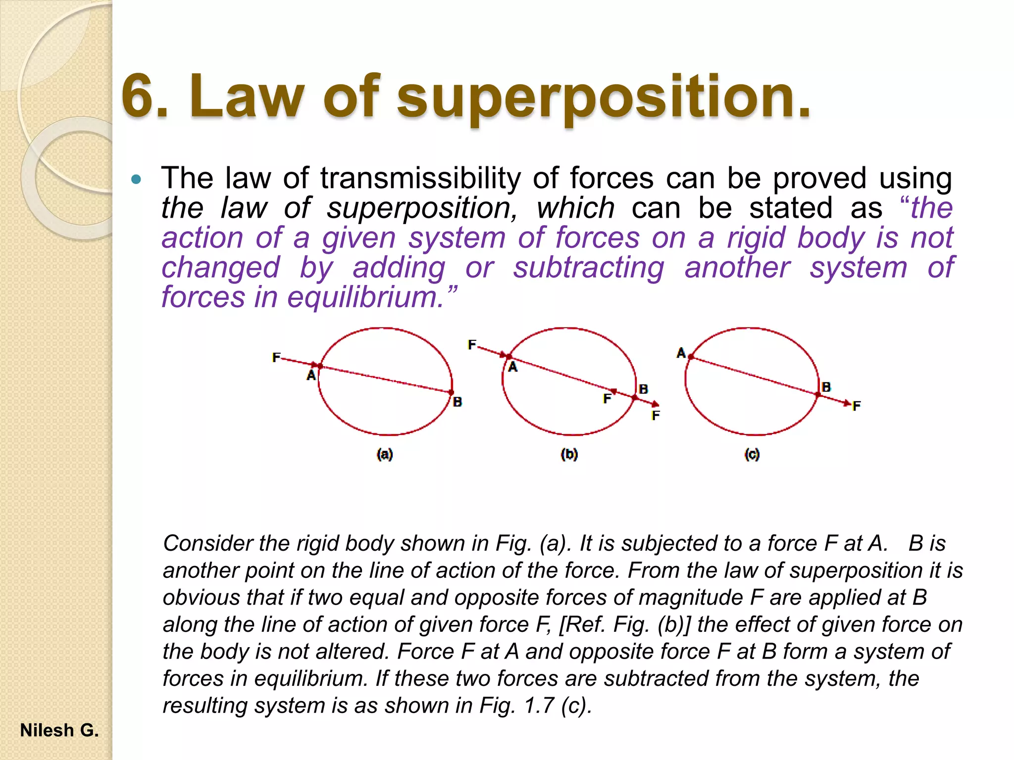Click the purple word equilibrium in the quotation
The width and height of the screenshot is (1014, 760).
tap(365, 297)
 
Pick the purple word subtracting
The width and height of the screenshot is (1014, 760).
tap(588, 268)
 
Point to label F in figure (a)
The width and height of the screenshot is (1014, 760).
tap(276, 357)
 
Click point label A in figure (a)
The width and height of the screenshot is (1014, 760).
tap(311, 376)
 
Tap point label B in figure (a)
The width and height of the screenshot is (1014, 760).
tap(457, 402)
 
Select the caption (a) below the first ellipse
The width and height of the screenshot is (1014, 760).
tap(385, 454)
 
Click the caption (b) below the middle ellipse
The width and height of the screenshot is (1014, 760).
tap(569, 454)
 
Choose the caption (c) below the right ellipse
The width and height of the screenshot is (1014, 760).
tap(752, 454)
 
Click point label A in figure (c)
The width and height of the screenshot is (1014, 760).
tap(681, 353)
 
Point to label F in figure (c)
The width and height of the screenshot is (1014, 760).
tap(857, 406)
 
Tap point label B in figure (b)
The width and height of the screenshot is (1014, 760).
tap(643, 389)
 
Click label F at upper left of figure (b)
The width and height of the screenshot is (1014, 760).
tap(472, 344)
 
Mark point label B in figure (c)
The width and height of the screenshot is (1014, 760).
tap(826, 387)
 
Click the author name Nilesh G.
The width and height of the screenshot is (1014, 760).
tap(59, 730)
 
